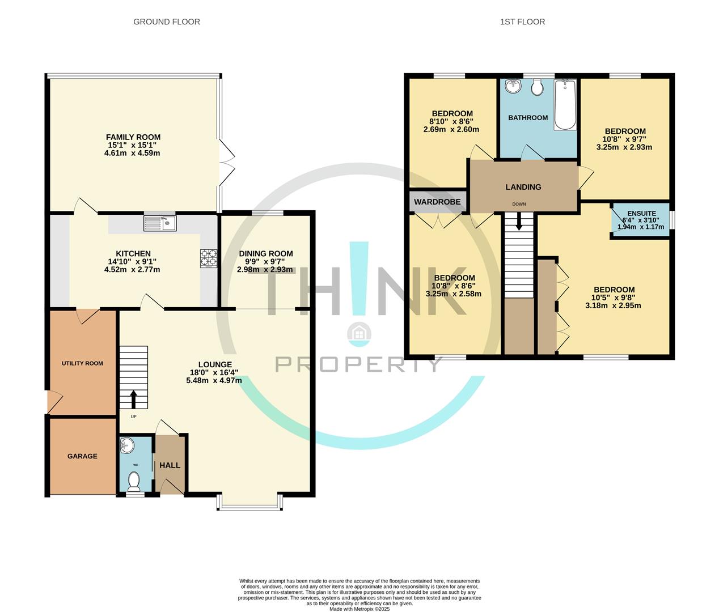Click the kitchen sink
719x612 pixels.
click(x=160, y=223)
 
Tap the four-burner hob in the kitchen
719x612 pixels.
click(x=208, y=258)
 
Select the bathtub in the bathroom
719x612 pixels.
click(x=565, y=105)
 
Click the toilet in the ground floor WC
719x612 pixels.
click(x=134, y=481)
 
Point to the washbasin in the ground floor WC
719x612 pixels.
click(x=127, y=445)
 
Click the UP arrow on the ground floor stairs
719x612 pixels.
click(x=133, y=399)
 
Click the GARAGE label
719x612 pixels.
click(x=82, y=456)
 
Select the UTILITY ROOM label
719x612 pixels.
click(x=82, y=363)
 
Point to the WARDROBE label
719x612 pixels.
click(x=437, y=202)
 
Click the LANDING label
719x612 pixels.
click(x=523, y=187)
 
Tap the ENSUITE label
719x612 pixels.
click(x=642, y=213)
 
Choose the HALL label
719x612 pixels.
click(x=170, y=465)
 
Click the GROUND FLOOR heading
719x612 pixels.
click(x=167, y=22)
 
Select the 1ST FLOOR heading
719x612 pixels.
click(x=522, y=22)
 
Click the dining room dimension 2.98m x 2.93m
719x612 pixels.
click(x=265, y=270)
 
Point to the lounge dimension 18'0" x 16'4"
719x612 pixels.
click(x=214, y=372)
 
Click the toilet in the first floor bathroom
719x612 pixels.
click(x=538, y=87)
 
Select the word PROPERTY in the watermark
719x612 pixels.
click(x=358, y=364)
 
